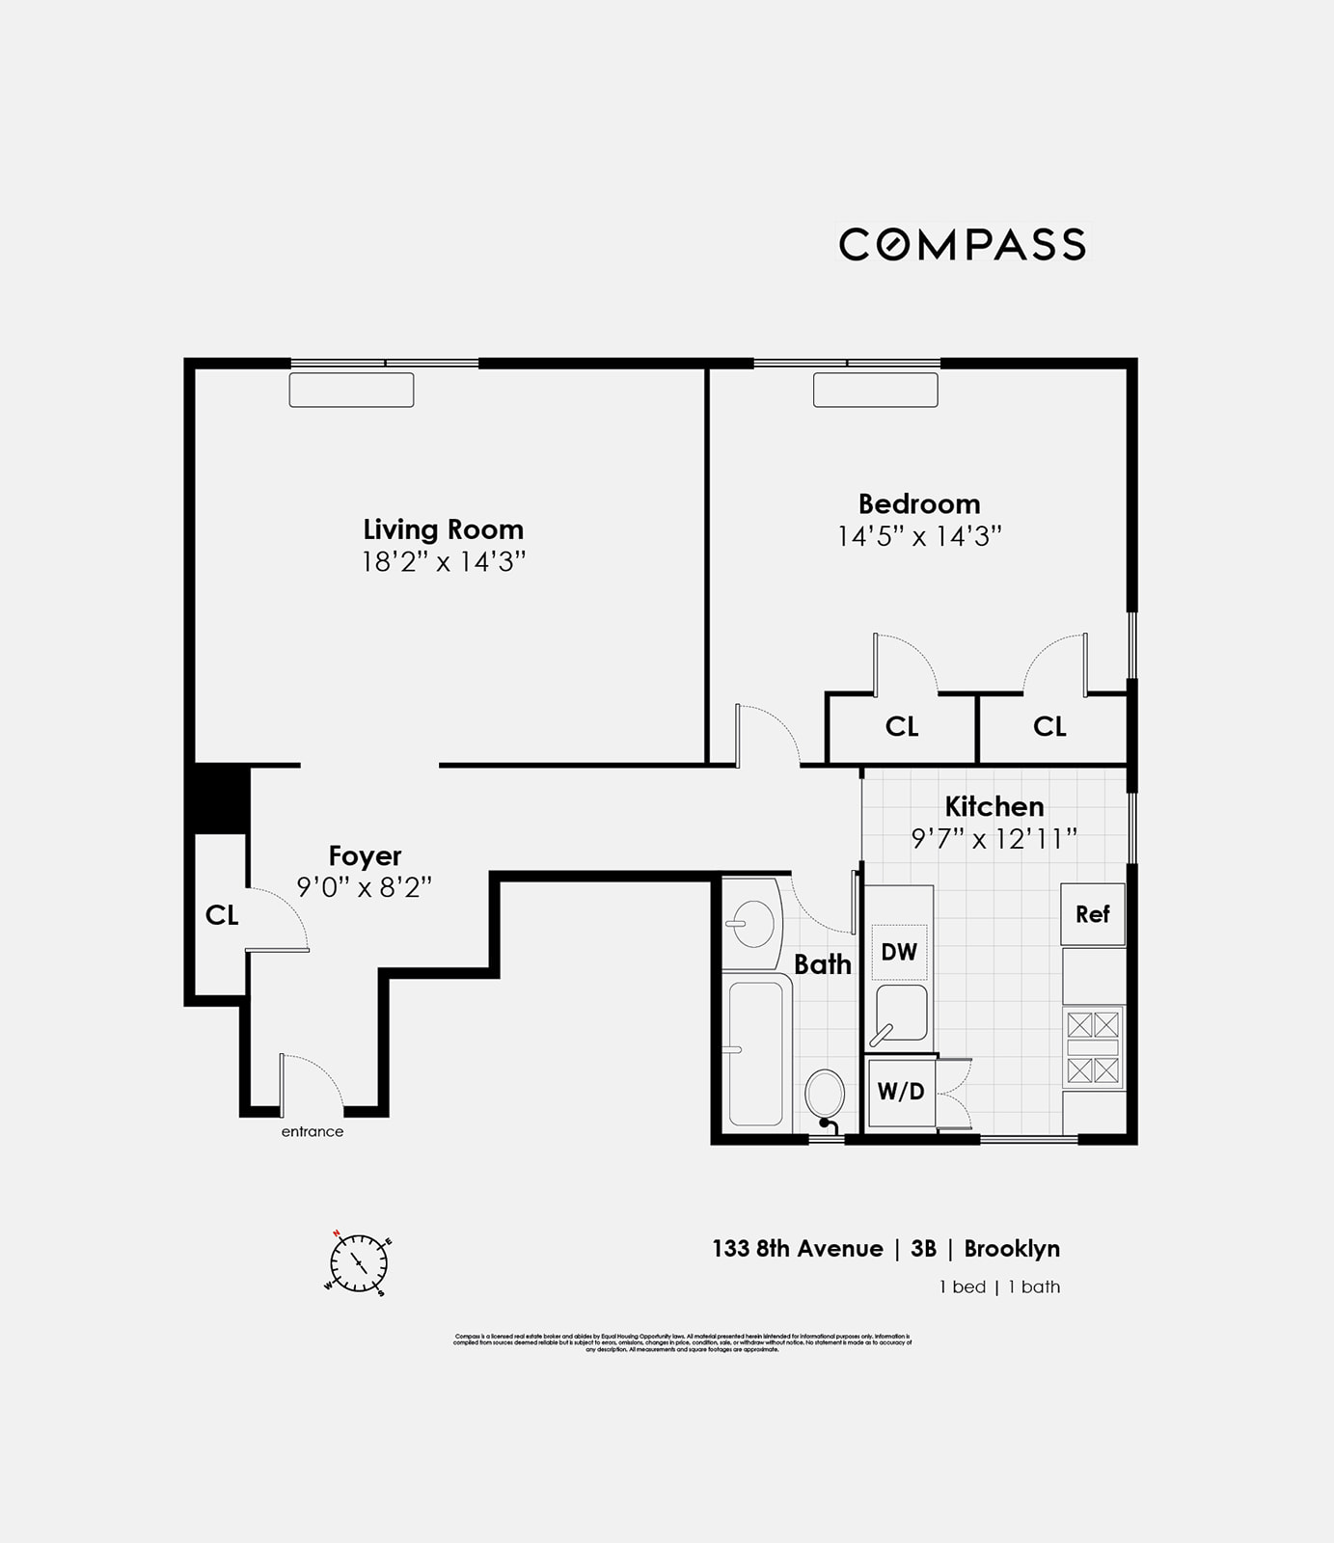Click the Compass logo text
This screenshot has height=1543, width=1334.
coord(963,244)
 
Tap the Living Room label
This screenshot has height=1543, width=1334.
coord(443,529)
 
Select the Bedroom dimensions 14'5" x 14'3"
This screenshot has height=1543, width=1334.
coord(918,536)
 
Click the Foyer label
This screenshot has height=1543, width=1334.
coord(365,856)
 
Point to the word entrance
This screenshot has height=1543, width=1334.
coord(312,1132)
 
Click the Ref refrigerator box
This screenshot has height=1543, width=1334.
coord(1092,914)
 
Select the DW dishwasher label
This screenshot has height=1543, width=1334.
coord(899,953)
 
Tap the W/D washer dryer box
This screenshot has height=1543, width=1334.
coord(901,1092)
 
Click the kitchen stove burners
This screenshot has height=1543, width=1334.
coord(1093,1047)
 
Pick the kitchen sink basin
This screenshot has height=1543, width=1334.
coord(903,1013)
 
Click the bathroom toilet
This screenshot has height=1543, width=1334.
coord(825,1096)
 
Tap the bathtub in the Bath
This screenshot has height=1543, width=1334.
coord(755,1051)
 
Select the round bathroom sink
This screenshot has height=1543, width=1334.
coord(752,923)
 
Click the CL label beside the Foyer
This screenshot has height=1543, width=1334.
coord(222,915)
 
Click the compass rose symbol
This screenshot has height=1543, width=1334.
coord(359,1262)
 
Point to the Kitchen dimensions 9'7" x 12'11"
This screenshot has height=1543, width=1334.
coord(994,839)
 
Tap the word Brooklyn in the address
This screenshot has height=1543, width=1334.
coord(1012,1249)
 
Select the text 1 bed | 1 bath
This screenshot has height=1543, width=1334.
coord(999,1287)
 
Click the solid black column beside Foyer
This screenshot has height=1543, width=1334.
coord(221,799)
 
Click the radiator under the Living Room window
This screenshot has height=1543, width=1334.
coord(351,390)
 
